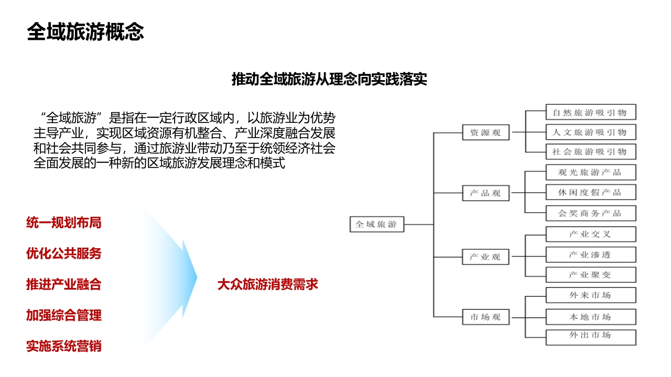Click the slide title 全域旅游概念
pos(85,32)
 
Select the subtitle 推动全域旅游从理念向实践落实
pos(329,79)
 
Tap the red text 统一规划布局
pos(64,223)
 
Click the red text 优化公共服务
pos(64,253)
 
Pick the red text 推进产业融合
pos(64,284)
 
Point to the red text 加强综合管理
pos(64,315)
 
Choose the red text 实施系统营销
pos(64,346)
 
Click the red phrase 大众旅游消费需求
pos(267,284)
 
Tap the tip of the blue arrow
pos(197,278)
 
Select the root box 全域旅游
pos(377,225)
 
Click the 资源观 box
pos(485,132)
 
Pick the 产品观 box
pos(485,193)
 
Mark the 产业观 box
pos(485,257)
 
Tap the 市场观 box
pos(485,317)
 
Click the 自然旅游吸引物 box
pos(591,112)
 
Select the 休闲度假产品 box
pos(591,192)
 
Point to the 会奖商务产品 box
pos(591,213)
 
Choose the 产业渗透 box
pos(591,254)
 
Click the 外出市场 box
pos(591,338)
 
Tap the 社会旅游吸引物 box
pos(591,152)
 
